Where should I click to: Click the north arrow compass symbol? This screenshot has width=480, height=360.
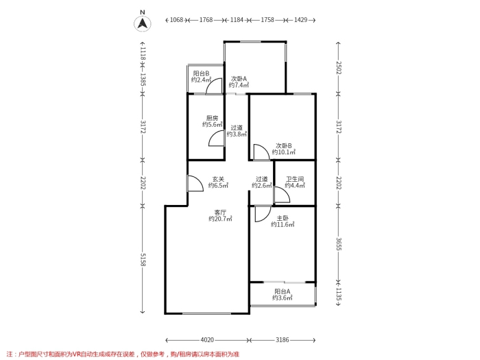[x=143, y=23]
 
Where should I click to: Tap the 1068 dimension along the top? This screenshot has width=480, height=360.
[x=176, y=20]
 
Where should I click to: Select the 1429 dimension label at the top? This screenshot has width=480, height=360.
[x=300, y=20]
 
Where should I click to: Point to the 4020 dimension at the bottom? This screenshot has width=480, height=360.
[x=207, y=340]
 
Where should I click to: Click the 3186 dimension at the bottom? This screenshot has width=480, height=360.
[x=283, y=340]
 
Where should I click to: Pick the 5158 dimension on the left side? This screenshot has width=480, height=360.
[x=143, y=259]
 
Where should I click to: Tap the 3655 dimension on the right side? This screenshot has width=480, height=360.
[x=339, y=244]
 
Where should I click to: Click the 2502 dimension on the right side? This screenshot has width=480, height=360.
[x=339, y=68]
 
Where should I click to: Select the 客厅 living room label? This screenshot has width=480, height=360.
[x=220, y=212]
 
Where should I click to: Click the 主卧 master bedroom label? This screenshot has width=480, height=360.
[x=283, y=218]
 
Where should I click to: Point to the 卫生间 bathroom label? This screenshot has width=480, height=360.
[x=295, y=179]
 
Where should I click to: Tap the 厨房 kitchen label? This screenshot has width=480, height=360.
[x=212, y=118]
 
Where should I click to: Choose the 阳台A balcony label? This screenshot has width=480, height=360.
[x=283, y=291]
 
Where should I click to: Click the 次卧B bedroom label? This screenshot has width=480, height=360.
[x=284, y=145]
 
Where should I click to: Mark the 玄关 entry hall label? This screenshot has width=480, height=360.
[x=218, y=179]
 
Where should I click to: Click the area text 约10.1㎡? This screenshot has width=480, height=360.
[x=284, y=152]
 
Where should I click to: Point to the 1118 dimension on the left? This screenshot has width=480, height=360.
[x=143, y=54]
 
